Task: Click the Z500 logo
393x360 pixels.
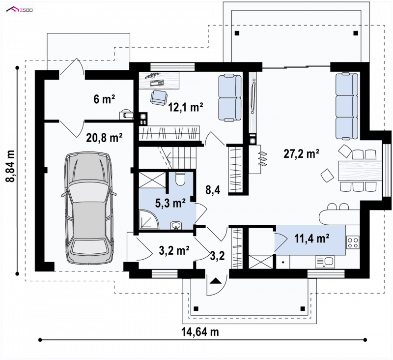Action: coord(20,10)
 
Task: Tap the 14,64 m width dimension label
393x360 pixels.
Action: coord(200,332)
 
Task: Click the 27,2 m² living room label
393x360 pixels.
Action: coord(301,153)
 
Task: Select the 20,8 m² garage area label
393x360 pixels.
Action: coord(104,138)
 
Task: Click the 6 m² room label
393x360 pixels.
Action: coord(104,99)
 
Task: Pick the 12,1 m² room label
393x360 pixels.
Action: coord(186,107)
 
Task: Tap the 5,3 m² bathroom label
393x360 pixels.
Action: coord(170,203)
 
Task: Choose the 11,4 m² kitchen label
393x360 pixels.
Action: coord(312,239)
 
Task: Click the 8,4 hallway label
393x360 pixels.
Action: coord(213,190)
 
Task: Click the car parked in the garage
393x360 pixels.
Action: coord(89,208)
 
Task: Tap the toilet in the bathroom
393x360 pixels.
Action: coord(180,179)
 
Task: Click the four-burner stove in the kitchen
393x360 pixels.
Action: coord(353,242)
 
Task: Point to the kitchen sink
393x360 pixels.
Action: coord(325,262)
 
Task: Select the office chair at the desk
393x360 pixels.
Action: coord(159,97)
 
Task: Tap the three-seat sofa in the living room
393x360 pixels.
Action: coord(347,106)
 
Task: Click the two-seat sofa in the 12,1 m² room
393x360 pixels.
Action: coord(229,98)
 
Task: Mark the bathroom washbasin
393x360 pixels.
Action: coord(176,226)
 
